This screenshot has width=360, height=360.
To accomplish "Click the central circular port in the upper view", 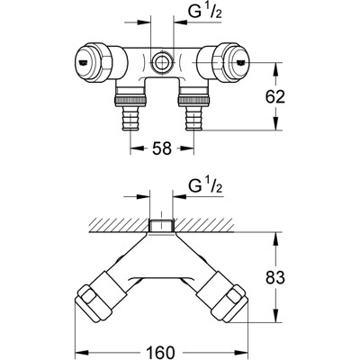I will [x=159, y=63].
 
